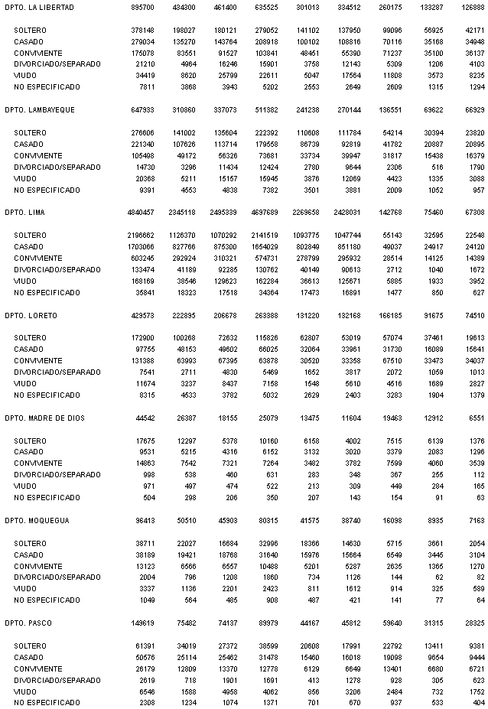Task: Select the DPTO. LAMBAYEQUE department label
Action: pos(40,110)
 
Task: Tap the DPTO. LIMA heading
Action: pos(25,213)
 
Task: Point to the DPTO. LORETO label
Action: pos(31,316)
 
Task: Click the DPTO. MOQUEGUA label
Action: pos(37,522)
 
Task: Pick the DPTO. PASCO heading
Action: pos(29,624)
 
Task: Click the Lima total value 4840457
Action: pos(138,213)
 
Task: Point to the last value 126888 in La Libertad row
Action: pos(471,7)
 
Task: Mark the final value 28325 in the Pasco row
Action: pos(473,624)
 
